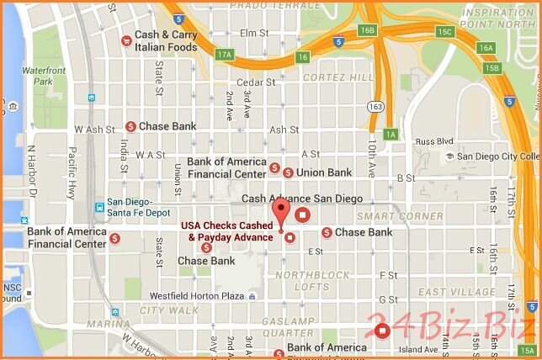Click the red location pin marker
(x=279, y=211)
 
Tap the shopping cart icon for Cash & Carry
(x=125, y=39)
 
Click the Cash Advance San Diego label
(x=302, y=199)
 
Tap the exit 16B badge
(x=366, y=30)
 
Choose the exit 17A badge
(x=224, y=55)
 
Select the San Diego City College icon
(x=448, y=156)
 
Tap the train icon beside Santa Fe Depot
(x=99, y=205)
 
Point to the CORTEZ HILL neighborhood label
(x=337, y=77)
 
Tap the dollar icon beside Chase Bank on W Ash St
(x=131, y=126)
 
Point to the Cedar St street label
(x=256, y=82)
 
